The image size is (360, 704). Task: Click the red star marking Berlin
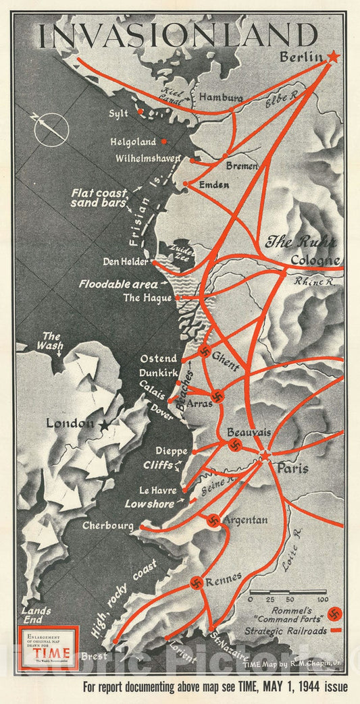[332, 57]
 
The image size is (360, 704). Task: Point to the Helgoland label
[133, 142]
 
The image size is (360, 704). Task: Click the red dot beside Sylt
[140, 111]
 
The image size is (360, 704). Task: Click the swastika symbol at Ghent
[203, 350]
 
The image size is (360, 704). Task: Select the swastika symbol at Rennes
[197, 583]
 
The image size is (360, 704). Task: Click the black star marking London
[105, 426]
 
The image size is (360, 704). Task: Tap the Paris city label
[292, 468]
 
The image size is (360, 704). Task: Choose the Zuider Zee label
[182, 252]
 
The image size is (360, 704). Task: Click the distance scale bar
[287, 592]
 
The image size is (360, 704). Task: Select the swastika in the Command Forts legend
[335, 614]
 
